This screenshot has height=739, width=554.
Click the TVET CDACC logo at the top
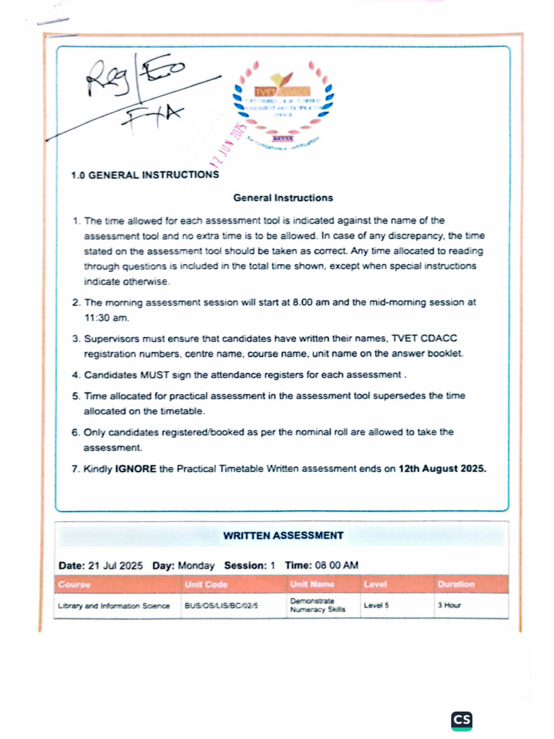[x=283, y=103]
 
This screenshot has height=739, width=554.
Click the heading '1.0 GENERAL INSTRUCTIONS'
[x=145, y=175]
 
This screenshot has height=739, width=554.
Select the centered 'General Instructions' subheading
[x=283, y=197]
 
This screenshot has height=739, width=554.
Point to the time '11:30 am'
[x=105, y=317]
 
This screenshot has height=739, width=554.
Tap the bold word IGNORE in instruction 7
[x=135, y=468]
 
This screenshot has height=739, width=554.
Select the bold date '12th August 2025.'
[x=442, y=468]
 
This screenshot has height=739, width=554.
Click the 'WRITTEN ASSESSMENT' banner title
[x=283, y=535]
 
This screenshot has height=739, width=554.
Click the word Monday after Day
[x=195, y=565]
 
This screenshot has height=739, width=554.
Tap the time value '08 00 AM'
[x=336, y=565]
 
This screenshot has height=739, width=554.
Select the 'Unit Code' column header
[x=206, y=584]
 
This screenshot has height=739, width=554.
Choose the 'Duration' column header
[x=455, y=584]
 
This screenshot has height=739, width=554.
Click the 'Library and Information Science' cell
[x=114, y=605]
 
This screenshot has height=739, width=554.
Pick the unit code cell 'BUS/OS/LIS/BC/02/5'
[x=221, y=605]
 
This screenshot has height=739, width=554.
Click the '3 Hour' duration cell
[x=449, y=605]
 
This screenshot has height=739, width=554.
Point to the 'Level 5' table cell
[x=377, y=605]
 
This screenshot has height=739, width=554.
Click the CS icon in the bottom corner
[x=462, y=720]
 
